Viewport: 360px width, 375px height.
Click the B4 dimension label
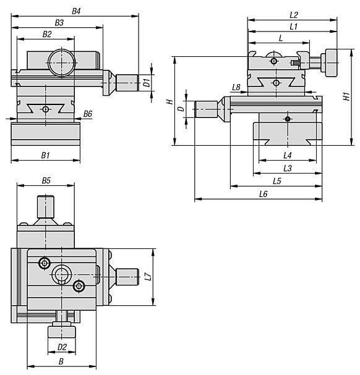pos(77,11)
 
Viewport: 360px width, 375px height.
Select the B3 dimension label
pos(59,23)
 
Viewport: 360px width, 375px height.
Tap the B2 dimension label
pos(47,34)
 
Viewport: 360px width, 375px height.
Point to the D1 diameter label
pos(147,83)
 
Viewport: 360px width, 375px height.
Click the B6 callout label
pos(88,114)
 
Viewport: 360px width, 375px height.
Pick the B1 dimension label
pos(45,156)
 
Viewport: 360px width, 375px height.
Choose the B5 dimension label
pos(46,180)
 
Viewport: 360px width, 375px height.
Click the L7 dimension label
pos(148,277)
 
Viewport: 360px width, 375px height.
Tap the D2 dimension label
pos(62,347)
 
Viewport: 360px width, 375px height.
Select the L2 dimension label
pos(294,15)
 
